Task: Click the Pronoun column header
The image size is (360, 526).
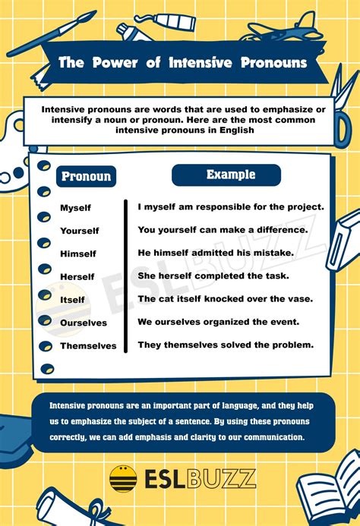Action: click(86, 177)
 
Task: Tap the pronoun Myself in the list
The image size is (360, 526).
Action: click(75, 208)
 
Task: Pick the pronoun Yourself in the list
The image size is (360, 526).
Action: click(80, 231)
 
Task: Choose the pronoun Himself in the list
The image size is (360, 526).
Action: click(78, 254)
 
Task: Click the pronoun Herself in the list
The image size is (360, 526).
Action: click(77, 277)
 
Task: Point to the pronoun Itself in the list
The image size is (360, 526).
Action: click(73, 300)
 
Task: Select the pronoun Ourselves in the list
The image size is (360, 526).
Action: click(84, 323)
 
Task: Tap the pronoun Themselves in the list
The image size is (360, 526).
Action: click(88, 346)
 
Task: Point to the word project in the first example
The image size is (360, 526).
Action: click(305, 206)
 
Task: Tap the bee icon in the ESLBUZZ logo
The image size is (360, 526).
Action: click(123, 478)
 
